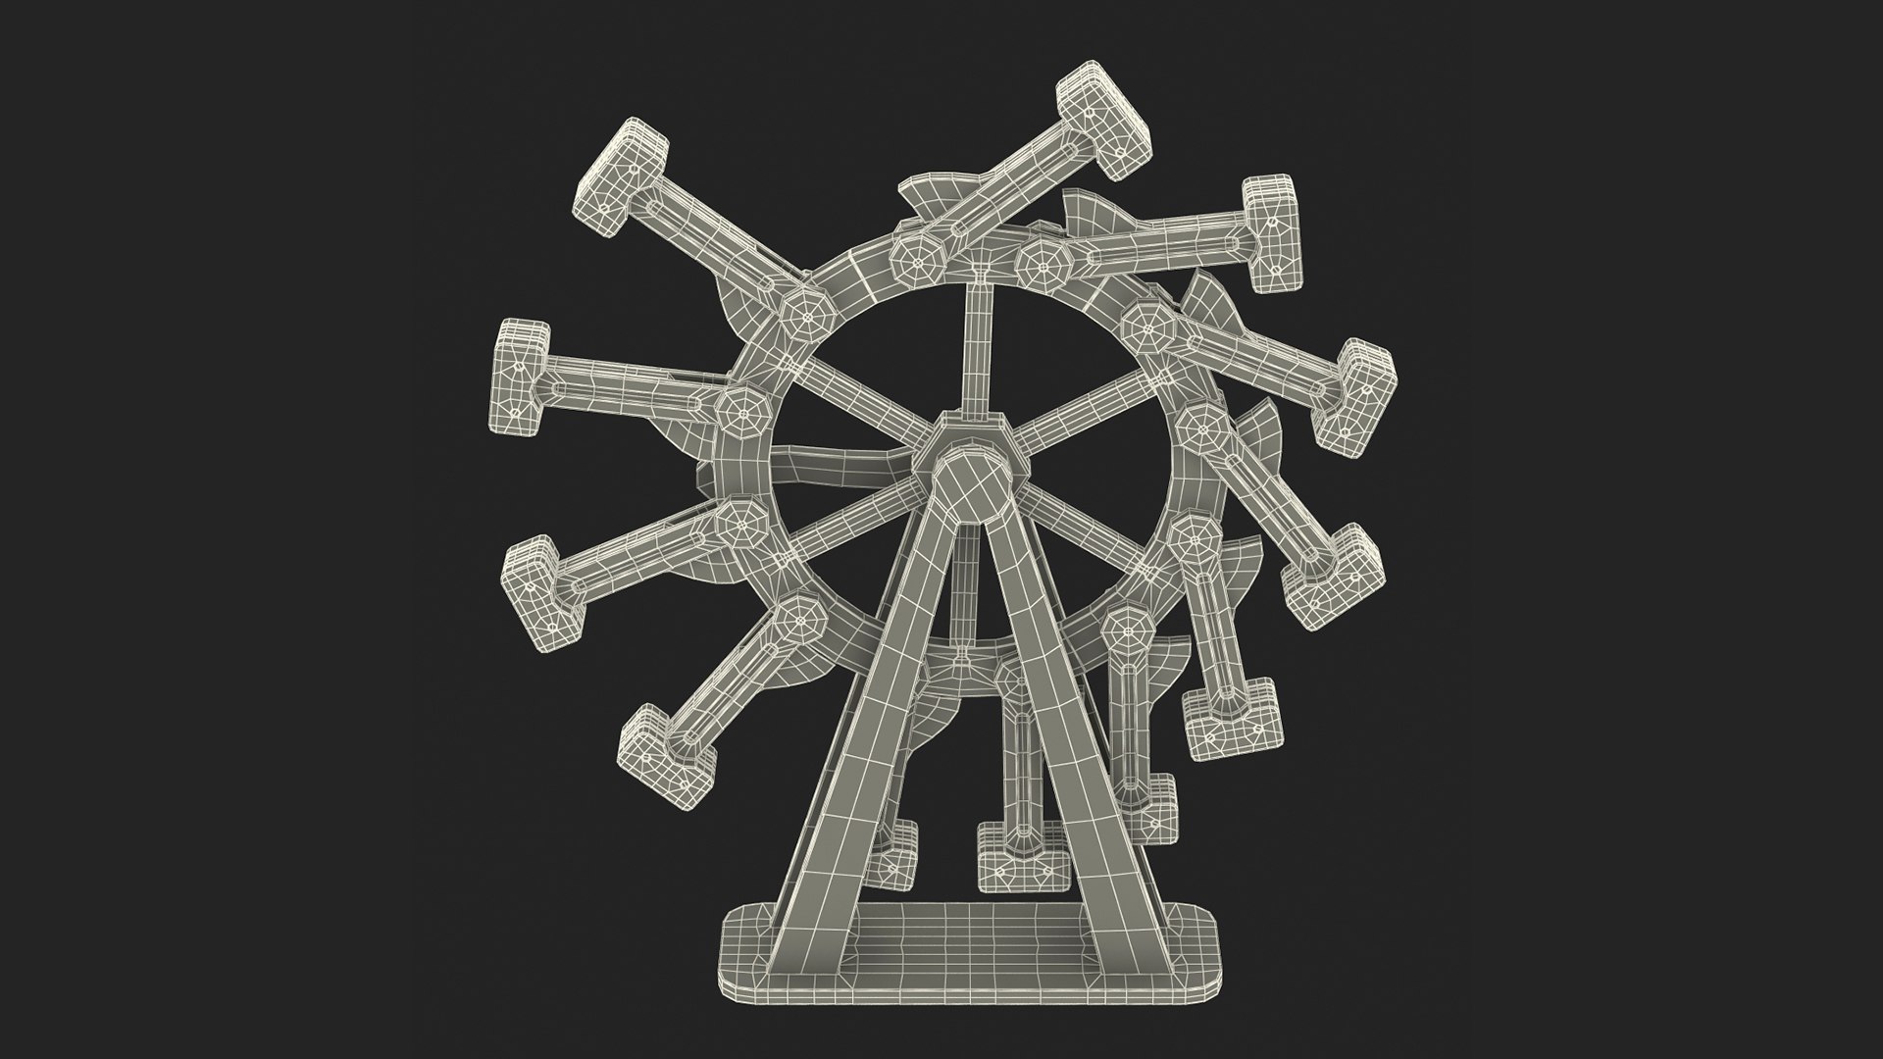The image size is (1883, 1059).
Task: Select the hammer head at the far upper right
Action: click(1273, 231)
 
